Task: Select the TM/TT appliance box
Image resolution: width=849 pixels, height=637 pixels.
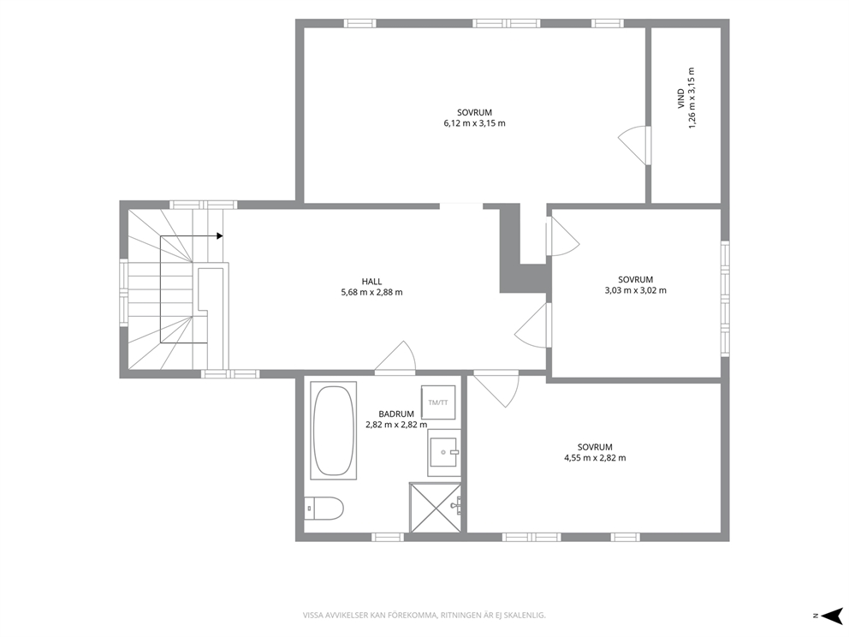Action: [x=438, y=402]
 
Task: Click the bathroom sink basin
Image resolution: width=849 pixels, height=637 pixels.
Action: [x=444, y=453]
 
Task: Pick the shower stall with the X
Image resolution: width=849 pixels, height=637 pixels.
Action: [x=436, y=507]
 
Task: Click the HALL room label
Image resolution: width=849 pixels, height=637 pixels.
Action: [x=371, y=281]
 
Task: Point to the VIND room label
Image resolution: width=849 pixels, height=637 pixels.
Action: [x=681, y=98]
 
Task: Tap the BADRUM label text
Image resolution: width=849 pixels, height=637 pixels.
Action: [x=396, y=414]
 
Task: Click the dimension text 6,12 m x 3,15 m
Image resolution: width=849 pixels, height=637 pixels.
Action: [x=474, y=123]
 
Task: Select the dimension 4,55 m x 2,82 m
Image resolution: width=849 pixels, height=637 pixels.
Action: [x=595, y=458]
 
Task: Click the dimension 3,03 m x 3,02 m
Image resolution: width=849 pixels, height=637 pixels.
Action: [x=636, y=290]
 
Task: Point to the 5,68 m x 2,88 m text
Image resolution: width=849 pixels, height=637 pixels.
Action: [x=371, y=293]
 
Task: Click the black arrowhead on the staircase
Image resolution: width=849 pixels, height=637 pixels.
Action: [x=219, y=235]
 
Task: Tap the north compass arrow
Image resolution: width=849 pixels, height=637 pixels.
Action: [x=833, y=616]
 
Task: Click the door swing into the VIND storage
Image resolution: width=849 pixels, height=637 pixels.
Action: [x=633, y=146]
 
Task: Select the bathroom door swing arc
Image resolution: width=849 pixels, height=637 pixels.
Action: [x=395, y=358]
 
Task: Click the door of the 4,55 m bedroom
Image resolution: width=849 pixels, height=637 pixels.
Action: [x=496, y=389]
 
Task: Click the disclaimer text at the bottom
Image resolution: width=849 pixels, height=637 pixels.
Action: [x=424, y=616]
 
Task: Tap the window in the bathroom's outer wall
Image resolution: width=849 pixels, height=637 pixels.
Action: [x=388, y=537]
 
